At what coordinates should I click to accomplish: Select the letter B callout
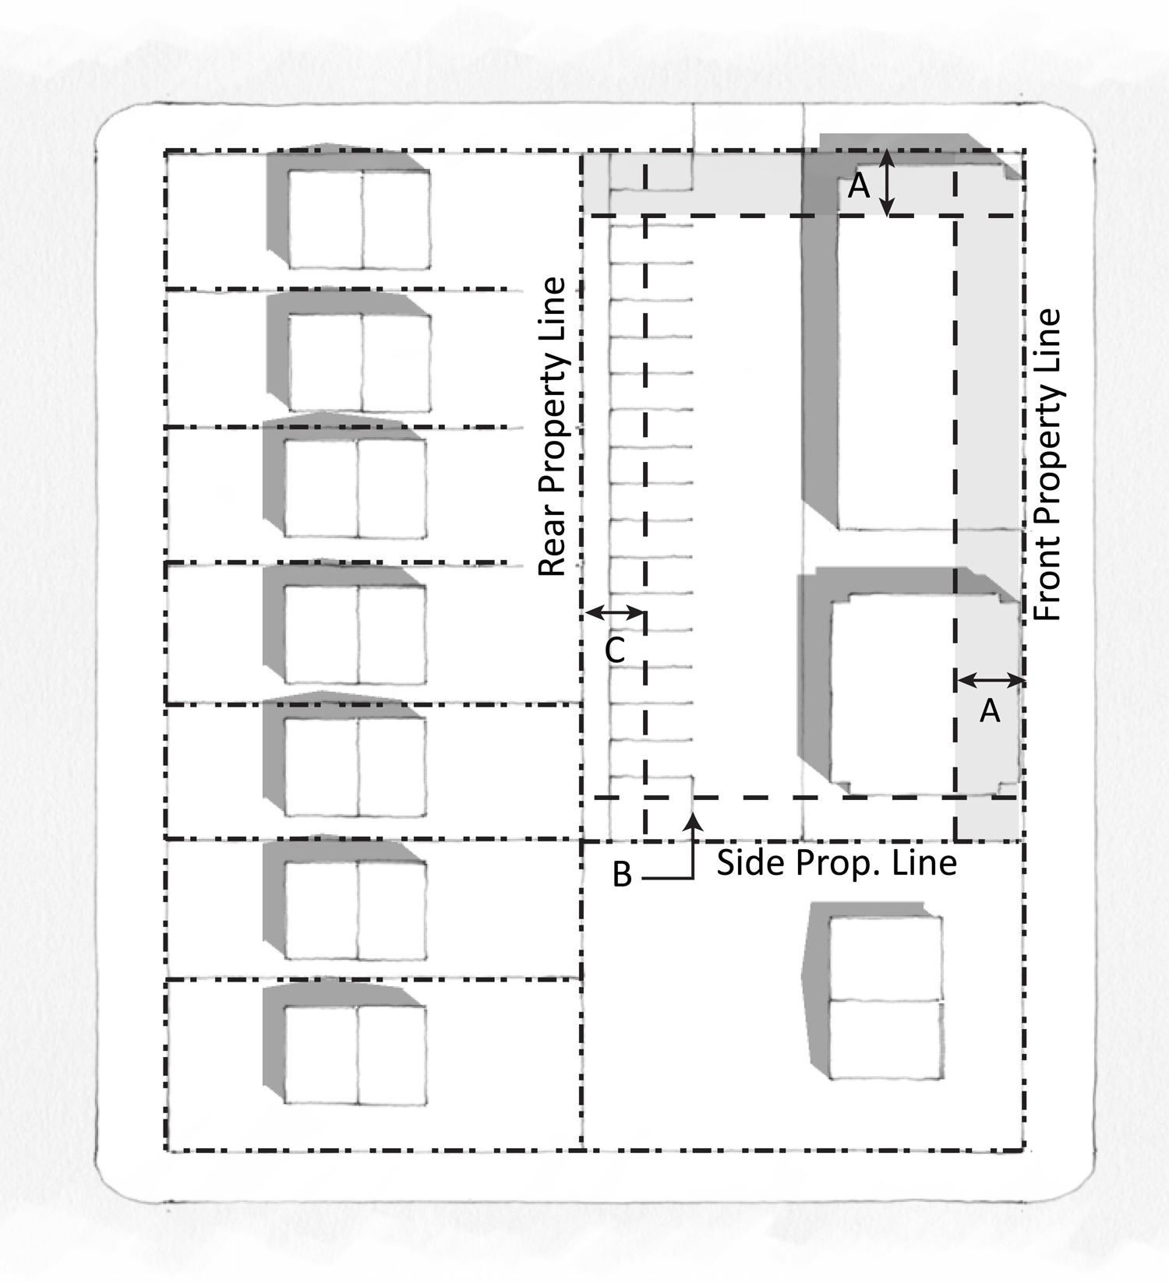(622, 874)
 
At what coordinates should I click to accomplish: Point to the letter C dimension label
(615, 650)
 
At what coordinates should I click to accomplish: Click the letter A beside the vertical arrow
(858, 186)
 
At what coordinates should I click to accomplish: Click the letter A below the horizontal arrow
(990, 710)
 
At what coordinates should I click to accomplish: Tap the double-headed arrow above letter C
(615, 614)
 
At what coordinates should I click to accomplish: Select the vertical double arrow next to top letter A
(886, 183)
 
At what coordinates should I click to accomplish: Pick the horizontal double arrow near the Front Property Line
(991, 681)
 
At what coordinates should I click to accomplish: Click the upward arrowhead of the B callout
(693, 819)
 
